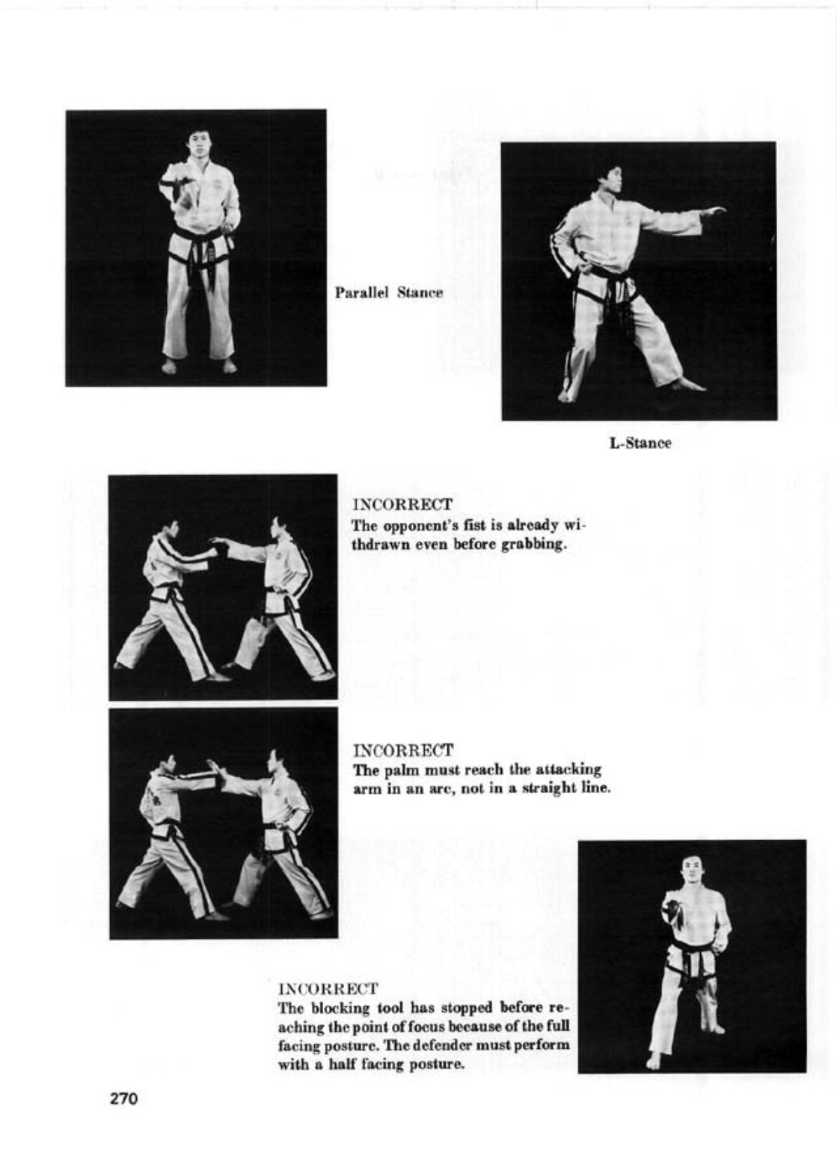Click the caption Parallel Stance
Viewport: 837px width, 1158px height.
[x=388, y=292]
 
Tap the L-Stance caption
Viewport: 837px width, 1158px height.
[x=640, y=443]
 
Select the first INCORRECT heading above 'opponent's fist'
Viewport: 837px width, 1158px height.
[x=402, y=506]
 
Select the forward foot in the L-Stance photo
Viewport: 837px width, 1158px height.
[x=688, y=386]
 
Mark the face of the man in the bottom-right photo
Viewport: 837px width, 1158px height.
[x=691, y=869]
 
